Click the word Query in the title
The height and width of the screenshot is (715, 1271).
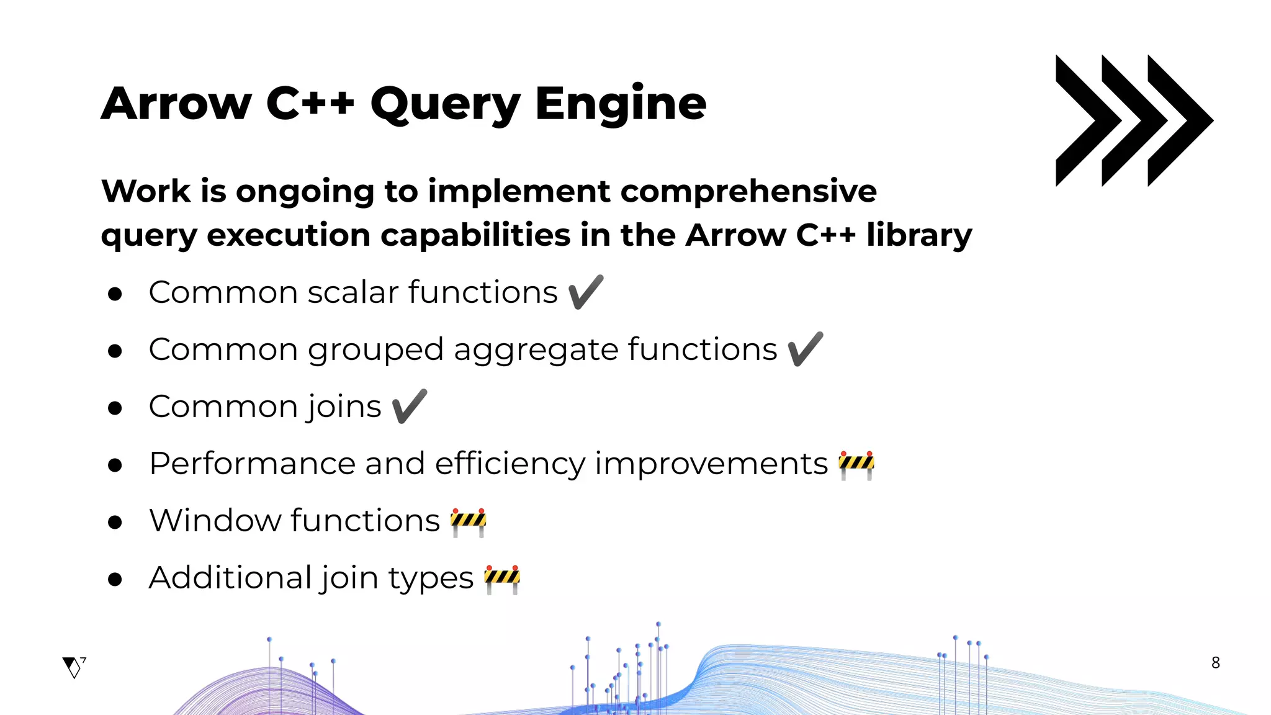click(446, 104)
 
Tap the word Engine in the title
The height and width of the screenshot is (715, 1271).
click(620, 104)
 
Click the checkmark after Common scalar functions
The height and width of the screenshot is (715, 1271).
click(585, 292)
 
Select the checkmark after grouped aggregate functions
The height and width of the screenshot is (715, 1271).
click(805, 349)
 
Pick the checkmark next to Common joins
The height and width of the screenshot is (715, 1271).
click(410, 407)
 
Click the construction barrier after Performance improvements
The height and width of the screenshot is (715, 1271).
click(856, 464)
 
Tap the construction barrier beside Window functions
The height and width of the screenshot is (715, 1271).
click(469, 521)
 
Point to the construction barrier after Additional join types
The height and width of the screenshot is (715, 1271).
click(502, 578)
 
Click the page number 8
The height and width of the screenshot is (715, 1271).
click(1215, 663)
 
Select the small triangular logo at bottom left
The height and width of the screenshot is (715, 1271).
click(73, 667)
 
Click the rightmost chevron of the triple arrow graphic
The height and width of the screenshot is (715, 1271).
click(1179, 120)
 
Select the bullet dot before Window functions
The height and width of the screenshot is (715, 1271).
click(115, 522)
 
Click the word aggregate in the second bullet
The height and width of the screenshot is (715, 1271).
click(536, 350)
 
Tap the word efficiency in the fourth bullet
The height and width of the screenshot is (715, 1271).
click(510, 464)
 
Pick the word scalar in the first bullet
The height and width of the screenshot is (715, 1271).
click(353, 292)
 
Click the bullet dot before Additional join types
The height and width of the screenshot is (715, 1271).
click(115, 579)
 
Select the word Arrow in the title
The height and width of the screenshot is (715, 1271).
click(177, 104)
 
